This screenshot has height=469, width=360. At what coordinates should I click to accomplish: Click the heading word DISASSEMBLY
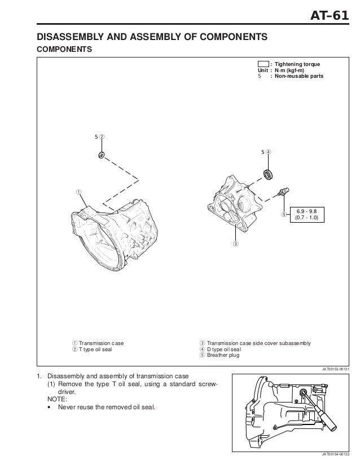pyautogui.click(x=70, y=38)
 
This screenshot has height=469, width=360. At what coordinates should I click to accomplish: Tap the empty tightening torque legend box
pyautogui.click(x=263, y=64)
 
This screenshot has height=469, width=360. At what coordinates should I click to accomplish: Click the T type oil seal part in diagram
pyautogui.click(x=101, y=154)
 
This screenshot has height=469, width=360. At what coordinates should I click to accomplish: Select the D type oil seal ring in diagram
pyautogui.click(x=269, y=172)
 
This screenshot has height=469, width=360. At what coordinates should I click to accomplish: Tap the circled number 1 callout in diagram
pyautogui.click(x=79, y=192)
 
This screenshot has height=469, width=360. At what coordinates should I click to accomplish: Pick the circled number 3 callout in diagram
pyautogui.click(x=235, y=244)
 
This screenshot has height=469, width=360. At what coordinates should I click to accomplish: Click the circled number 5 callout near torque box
pyautogui.click(x=283, y=215)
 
